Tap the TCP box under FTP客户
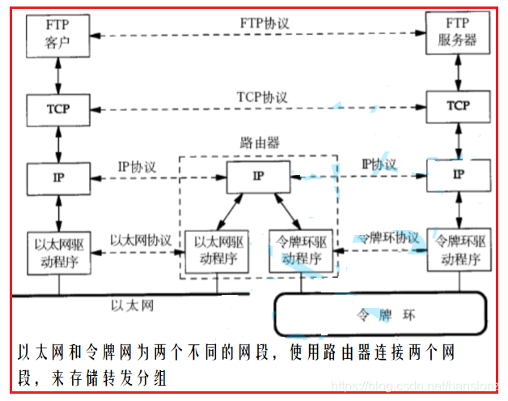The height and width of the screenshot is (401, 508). tap(57, 107)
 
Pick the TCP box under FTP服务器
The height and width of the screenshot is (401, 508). tap(459, 106)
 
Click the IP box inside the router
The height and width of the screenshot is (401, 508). tap(258, 176)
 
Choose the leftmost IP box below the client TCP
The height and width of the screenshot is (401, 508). tap(57, 175)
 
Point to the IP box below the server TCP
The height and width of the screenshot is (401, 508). tap(459, 174)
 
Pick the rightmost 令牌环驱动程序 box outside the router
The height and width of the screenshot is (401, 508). tap(459, 250)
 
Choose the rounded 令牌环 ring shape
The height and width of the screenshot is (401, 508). tap(380, 314)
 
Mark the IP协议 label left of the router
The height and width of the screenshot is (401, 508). tap(137, 165)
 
